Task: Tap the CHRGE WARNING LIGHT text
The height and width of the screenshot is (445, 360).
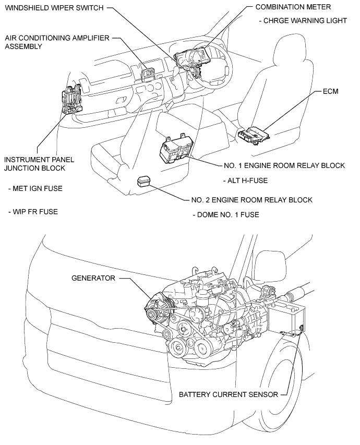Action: tap(303, 21)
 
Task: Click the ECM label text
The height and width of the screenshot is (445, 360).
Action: tap(330, 92)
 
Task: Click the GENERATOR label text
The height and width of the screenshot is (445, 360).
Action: tap(92, 278)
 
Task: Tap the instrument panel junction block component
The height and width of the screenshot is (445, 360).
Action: tap(71, 100)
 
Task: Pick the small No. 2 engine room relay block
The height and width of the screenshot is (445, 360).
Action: tap(145, 181)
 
